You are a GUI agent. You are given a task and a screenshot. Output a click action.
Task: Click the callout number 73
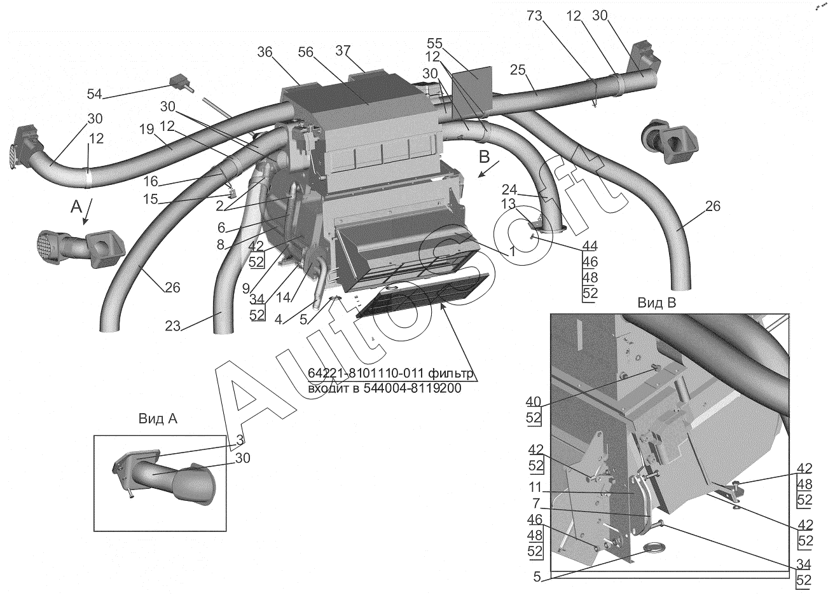pos(534,16)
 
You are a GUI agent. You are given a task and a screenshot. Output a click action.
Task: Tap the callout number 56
pos(306,53)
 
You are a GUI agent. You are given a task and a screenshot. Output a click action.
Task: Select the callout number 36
pos(265,53)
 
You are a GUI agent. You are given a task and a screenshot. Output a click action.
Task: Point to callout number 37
pos(343,51)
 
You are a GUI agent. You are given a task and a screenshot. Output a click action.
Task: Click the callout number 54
pos(94,94)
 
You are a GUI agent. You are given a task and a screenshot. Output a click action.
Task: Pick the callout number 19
pos(147,130)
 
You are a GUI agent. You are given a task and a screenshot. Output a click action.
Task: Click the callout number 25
pos(518,69)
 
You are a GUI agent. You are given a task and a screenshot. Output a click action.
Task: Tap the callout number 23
pos(172,326)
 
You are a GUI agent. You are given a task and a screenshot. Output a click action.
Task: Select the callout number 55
pos(435,43)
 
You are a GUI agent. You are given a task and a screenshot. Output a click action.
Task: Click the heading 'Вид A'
pos(158,419)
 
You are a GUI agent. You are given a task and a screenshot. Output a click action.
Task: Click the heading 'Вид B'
pos(657,303)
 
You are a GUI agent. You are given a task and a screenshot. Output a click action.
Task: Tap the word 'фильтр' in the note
pos(451,374)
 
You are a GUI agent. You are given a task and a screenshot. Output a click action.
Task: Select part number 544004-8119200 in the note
pos(413,388)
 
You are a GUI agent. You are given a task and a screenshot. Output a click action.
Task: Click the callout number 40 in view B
pos(533,402)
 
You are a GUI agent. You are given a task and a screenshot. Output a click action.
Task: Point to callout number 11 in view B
pos(535,487)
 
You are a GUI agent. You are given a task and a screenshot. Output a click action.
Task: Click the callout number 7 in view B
pos(536,503)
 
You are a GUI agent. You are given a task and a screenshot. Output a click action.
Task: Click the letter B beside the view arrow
pos(484,157)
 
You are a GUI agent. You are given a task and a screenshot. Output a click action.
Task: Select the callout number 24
pos(509,190)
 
